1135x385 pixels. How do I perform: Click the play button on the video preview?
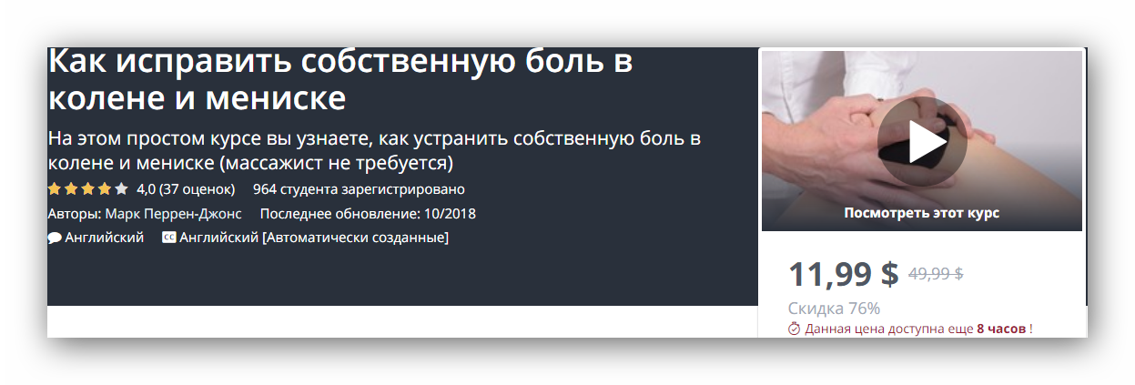[922, 142]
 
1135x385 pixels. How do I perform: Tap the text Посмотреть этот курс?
[921, 213]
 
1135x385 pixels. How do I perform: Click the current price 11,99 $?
[843, 274]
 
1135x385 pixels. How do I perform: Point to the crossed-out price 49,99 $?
[936, 273]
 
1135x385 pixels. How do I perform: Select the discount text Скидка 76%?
[834, 308]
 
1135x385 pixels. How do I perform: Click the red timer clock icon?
[794, 329]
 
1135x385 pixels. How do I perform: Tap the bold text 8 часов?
[1001, 329]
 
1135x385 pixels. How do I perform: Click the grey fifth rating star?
[121, 189]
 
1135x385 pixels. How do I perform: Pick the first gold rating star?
[55, 189]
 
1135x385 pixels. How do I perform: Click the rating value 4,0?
[146, 189]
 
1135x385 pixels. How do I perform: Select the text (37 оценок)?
[198, 189]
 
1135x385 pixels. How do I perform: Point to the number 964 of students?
[264, 189]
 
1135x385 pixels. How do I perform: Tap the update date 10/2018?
[450, 214]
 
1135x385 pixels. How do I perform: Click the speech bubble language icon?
[55, 238]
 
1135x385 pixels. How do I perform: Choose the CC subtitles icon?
[168, 238]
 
